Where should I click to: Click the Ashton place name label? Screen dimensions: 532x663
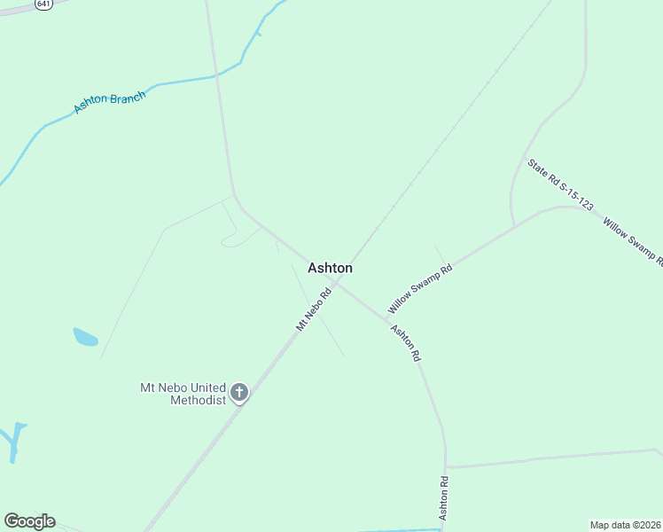tap(330, 268)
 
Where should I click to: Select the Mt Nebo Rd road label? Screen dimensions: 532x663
tap(313, 309)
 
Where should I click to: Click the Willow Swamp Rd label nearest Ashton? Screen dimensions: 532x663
tap(420, 288)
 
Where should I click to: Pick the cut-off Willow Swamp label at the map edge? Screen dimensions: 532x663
tap(633, 240)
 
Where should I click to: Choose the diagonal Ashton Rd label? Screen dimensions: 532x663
tap(405, 342)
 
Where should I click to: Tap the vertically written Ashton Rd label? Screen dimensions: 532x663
tap(444, 498)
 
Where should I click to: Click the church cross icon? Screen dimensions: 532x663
tap(238, 392)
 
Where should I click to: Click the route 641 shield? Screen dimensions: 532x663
tap(43, 4)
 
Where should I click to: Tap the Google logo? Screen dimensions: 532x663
tap(29, 521)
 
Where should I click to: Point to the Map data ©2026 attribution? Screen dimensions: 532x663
tap(625, 524)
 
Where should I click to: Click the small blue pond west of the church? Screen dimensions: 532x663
tap(85, 337)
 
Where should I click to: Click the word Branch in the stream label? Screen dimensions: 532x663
tap(127, 98)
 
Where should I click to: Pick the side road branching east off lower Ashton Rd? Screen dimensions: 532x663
tap(550, 458)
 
